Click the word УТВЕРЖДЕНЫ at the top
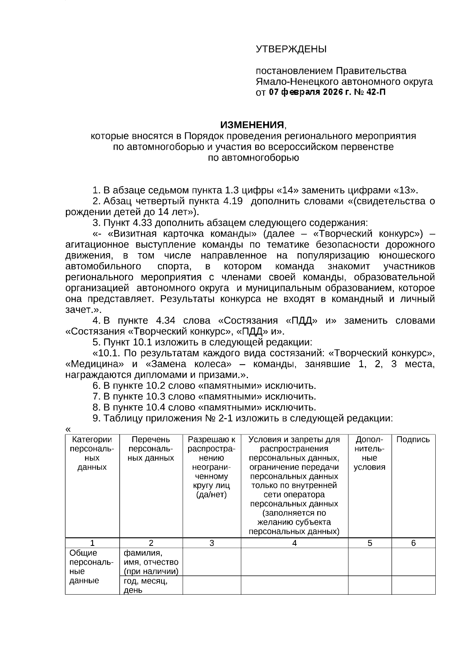click(291, 49)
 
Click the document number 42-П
click(376, 92)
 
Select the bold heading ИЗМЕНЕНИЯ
click(252, 125)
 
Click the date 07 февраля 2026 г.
click(310, 92)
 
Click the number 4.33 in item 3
click(142, 223)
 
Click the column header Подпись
click(413, 440)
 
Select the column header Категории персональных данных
click(92, 453)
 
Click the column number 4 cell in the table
click(294, 543)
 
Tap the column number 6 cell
click(414, 543)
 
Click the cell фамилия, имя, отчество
click(151, 562)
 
